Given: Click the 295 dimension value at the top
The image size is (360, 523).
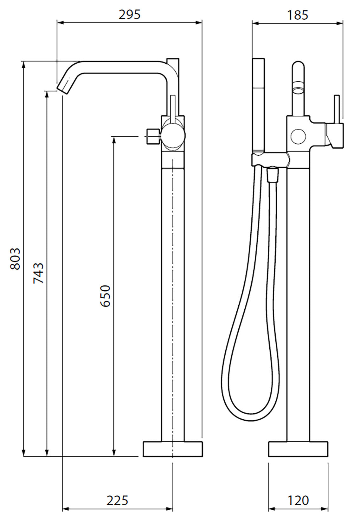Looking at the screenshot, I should [x=129, y=14].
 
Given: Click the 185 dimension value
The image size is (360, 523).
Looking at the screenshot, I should [x=298, y=15].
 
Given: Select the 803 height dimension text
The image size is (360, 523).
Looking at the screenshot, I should [x=15, y=259].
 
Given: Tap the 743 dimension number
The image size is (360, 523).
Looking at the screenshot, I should [x=39, y=273].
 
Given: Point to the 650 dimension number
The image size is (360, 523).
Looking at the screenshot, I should [x=105, y=296].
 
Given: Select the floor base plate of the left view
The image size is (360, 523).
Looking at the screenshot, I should [x=173, y=449].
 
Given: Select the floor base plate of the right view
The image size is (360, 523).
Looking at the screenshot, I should [x=298, y=449].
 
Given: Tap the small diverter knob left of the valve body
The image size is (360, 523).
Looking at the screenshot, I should [x=152, y=136].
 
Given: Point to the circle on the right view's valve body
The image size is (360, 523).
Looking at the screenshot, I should [x=298, y=137].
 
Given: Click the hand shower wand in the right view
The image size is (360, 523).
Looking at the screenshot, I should [x=259, y=105].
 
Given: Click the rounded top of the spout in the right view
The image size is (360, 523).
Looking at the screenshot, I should [x=298, y=65].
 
